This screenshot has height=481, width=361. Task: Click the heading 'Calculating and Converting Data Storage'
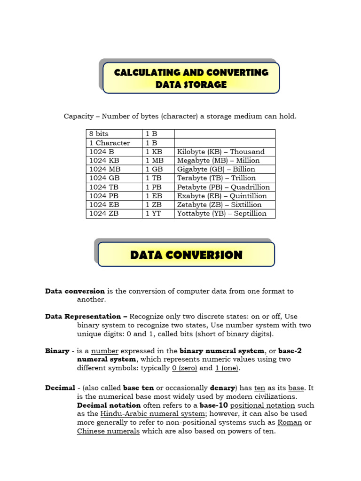click(191, 78)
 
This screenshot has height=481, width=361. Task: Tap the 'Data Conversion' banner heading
click(186, 255)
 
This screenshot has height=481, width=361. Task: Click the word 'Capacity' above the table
click(78, 116)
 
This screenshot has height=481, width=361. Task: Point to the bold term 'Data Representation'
click(86, 317)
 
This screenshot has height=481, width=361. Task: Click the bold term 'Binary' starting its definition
click(57, 351)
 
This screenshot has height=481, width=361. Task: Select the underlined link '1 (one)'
click(227, 368)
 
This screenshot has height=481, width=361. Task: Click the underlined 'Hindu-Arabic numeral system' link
click(153, 414)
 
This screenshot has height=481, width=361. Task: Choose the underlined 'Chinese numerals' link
click(108, 431)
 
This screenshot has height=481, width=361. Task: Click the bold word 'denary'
click(222, 388)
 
